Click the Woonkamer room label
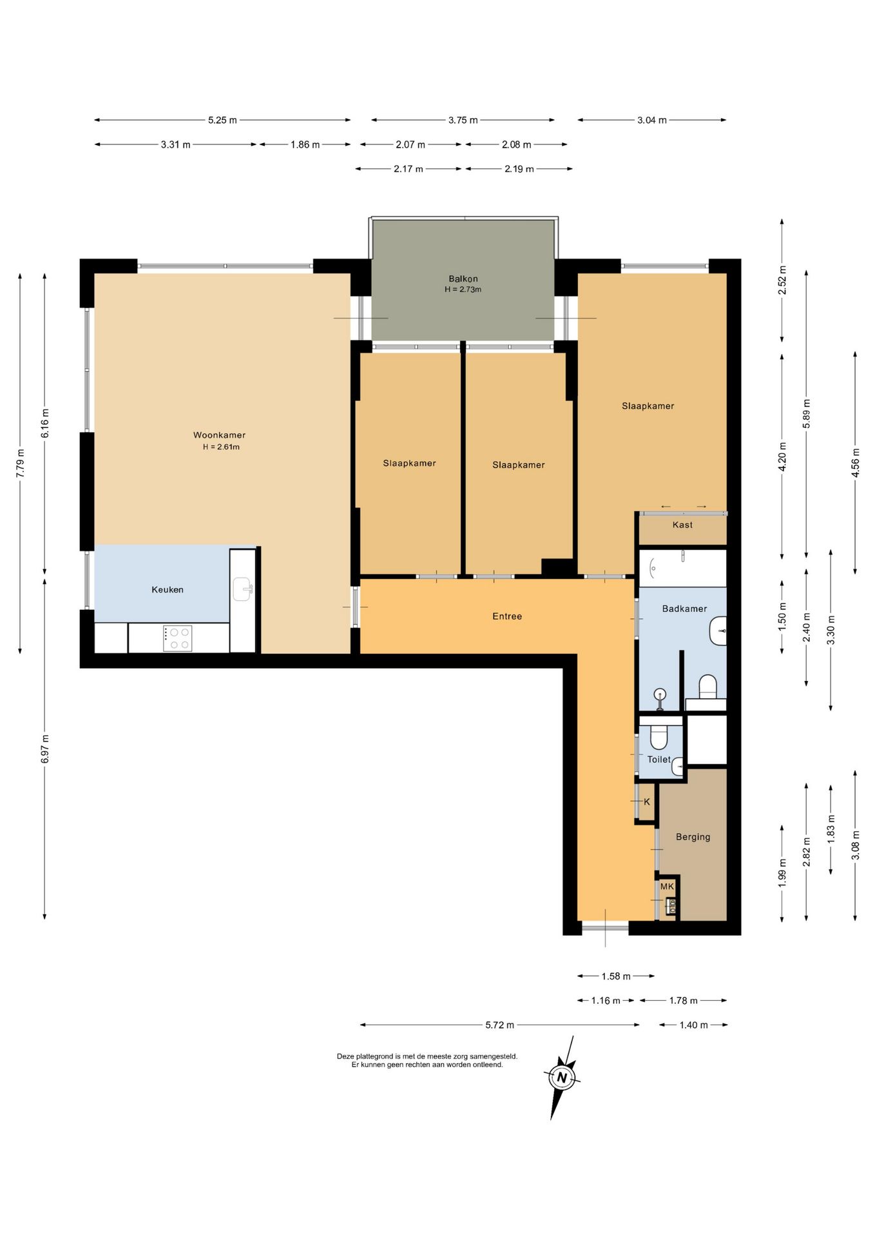pyautogui.click(x=219, y=435)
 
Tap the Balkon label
pyautogui.click(x=463, y=279)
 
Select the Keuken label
pyautogui.click(x=168, y=589)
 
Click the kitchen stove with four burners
pyautogui.click(x=177, y=638)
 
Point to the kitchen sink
pyautogui.click(x=242, y=589)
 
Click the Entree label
pyautogui.click(x=507, y=616)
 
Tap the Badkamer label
pyautogui.click(x=684, y=609)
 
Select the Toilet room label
pyautogui.click(x=659, y=760)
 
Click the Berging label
pyautogui.click(x=693, y=837)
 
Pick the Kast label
pyautogui.click(x=682, y=525)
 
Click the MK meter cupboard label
pyautogui.click(x=667, y=887)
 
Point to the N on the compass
pyautogui.click(x=562, y=1077)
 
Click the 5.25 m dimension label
pyautogui.click(x=222, y=120)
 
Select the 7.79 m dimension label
pyautogui.click(x=20, y=463)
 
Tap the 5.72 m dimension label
pyautogui.click(x=500, y=1025)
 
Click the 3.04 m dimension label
pyautogui.click(x=652, y=120)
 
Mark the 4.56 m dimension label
pyautogui.click(x=855, y=462)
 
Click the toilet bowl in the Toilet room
pyautogui.click(x=659, y=735)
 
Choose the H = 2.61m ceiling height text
pyautogui.click(x=221, y=447)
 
